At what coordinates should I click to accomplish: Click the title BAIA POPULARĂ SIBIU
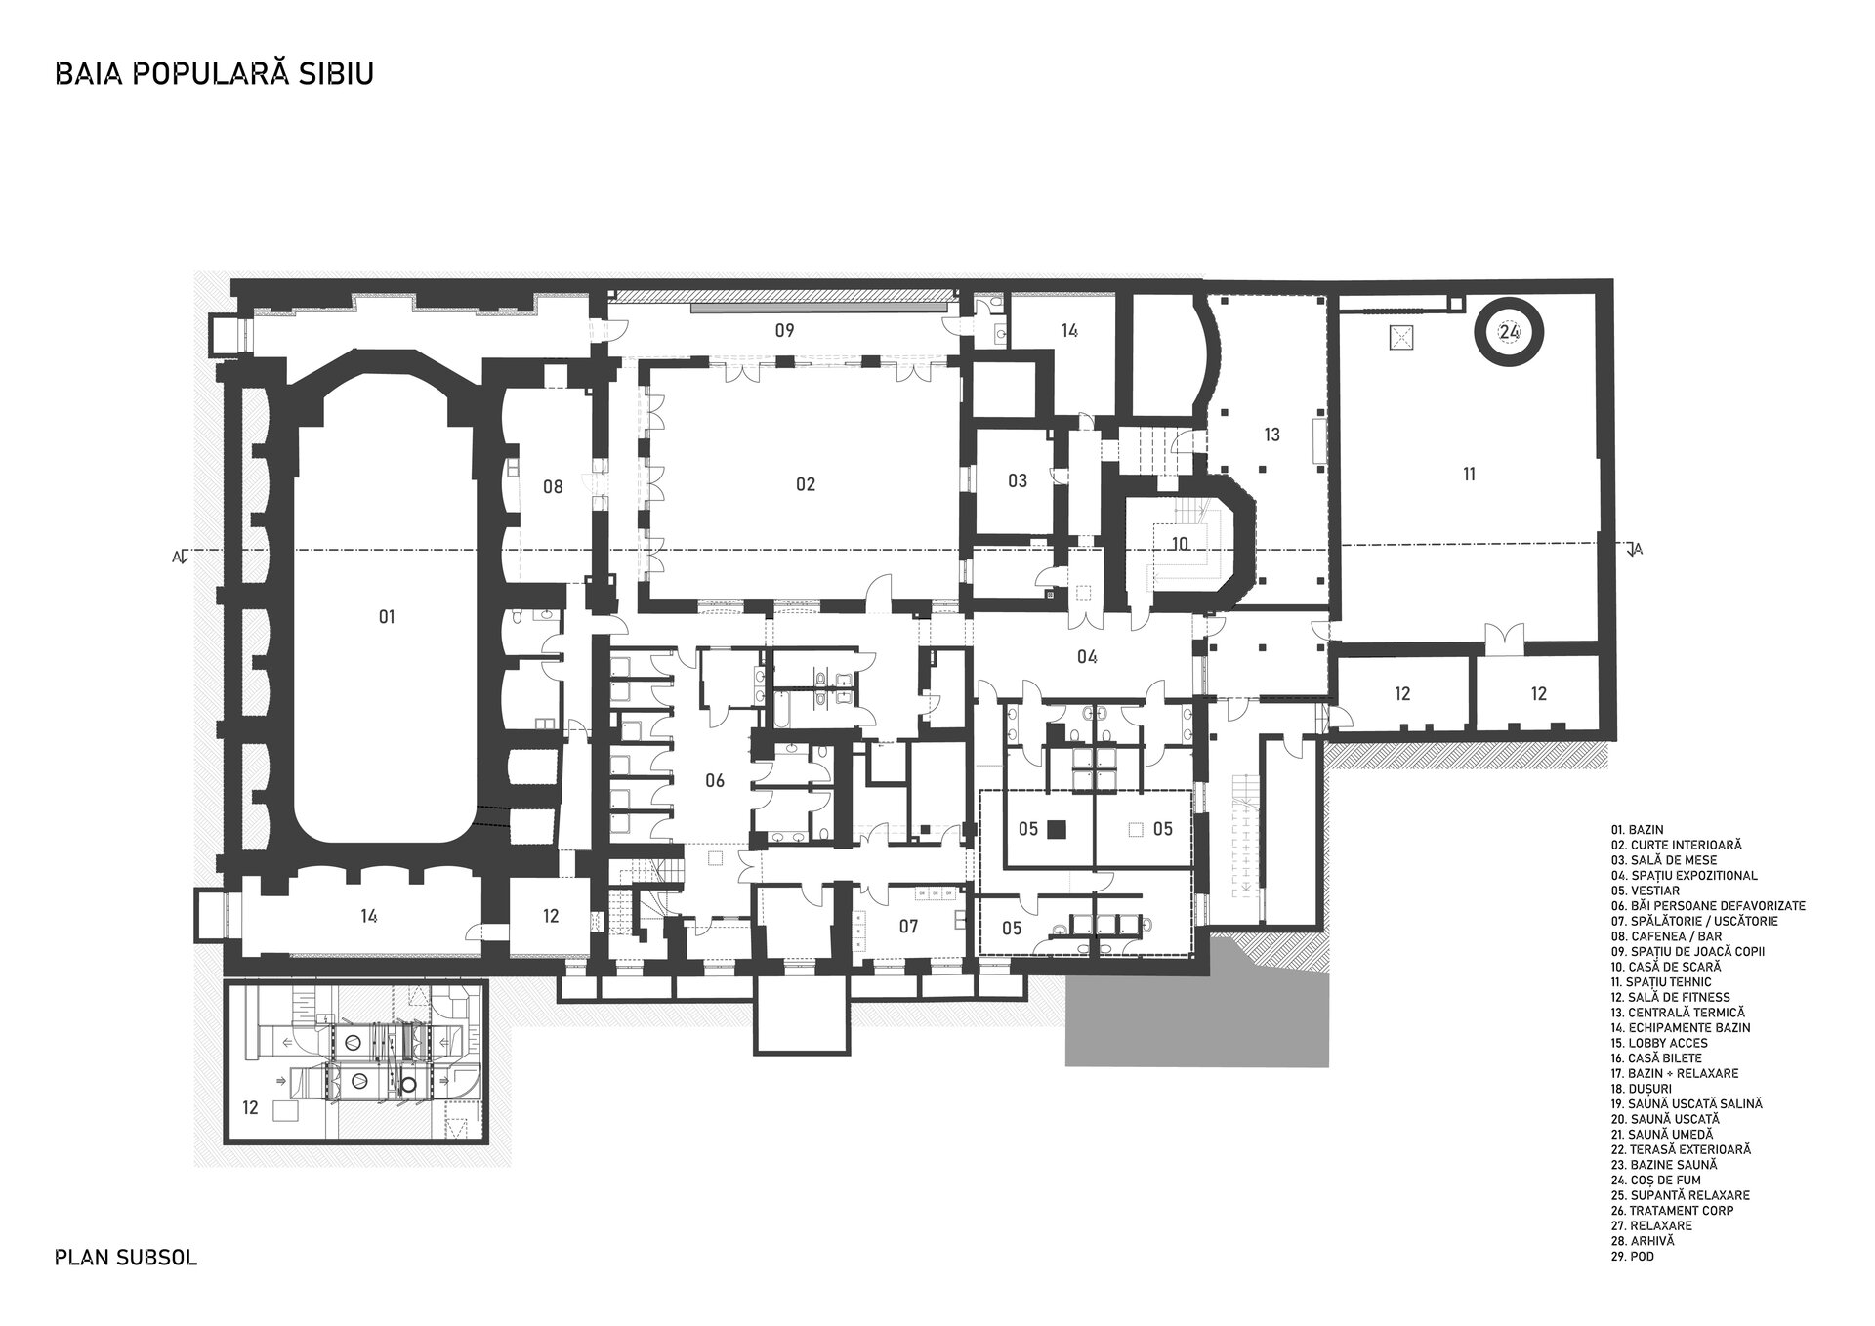tap(215, 75)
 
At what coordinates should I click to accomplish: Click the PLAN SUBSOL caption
tap(126, 1257)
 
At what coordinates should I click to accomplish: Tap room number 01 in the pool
tap(387, 616)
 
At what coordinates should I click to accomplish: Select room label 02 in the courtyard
tap(805, 484)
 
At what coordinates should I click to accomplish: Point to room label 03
tap(1018, 480)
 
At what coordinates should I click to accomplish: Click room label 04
tap(1087, 656)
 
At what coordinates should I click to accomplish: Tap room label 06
tap(715, 780)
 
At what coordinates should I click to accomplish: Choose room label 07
tap(908, 927)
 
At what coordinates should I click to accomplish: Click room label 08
tap(553, 487)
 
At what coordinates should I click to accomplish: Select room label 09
tap(784, 330)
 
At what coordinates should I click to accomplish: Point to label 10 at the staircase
tap(1180, 544)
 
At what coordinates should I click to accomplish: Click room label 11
tap(1469, 475)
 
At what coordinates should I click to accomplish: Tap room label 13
tap(1271, 435)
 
